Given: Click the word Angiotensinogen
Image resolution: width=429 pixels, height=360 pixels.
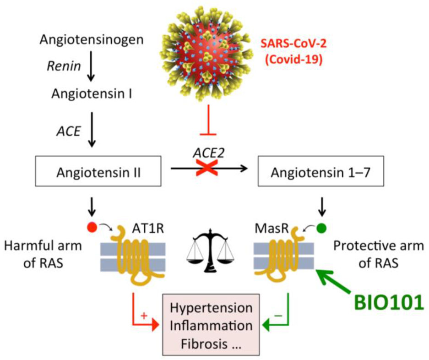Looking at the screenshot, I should (91, 40).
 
